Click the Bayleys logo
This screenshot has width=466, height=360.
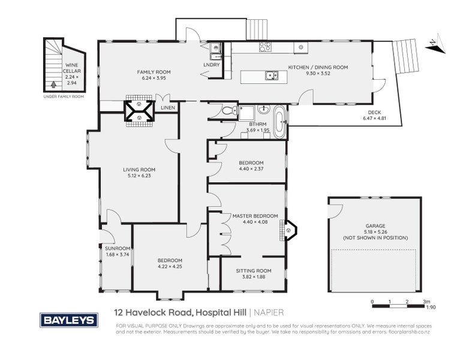click(69, 320)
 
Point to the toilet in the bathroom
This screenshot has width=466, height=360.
click(228, 110)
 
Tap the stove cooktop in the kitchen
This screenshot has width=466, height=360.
click(264, 46)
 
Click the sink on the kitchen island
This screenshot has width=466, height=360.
click(272, 75)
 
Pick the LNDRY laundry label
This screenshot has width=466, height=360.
click(212, 64)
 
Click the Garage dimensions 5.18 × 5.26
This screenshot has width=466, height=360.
click(375, 232)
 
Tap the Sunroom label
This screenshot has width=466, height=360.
click(117, 248)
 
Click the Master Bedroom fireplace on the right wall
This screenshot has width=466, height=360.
click(290, 229)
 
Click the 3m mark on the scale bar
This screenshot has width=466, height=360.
click(426, 301)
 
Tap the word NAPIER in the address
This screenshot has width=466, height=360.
click(267, 312)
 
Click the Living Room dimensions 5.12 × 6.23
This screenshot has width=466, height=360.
click(139, 176)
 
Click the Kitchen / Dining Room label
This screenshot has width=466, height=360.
click(318, 68)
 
